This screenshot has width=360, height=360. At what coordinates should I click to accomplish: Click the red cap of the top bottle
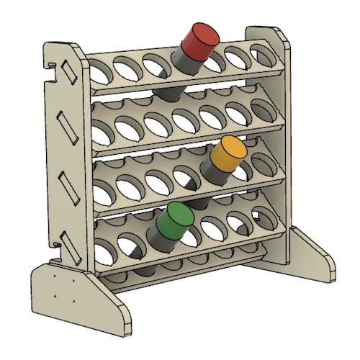[x=201, y=39]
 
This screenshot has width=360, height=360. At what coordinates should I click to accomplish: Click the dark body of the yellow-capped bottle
[x=215, y=171]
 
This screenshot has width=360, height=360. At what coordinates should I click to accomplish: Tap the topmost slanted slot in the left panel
[x=70, y=75]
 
